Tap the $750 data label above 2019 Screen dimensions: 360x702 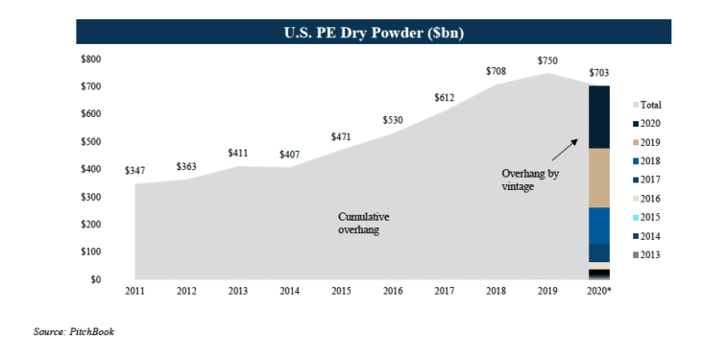[547, 60]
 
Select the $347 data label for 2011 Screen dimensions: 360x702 [136, 170]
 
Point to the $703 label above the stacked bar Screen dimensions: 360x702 [598, 73]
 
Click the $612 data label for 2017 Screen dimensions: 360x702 [444, 98]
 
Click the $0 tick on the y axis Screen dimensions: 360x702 [96, 280]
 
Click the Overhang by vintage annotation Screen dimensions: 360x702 [530, 180]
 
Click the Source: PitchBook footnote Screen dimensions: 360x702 [73, 331]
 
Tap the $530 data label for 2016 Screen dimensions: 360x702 [392, 120]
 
